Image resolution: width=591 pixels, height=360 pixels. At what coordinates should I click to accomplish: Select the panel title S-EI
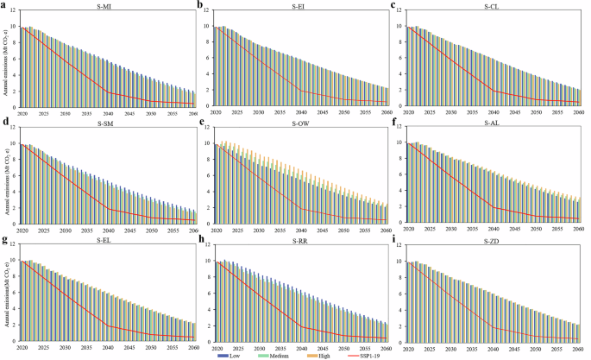[299, 8]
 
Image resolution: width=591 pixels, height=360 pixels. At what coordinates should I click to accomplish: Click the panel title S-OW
[300, 123]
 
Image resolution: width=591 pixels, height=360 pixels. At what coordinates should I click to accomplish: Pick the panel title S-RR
[300, 239]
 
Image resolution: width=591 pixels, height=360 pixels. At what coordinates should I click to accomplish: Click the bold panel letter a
[4, 5]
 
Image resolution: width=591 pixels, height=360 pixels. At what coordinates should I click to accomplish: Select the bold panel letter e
[201, 123]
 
